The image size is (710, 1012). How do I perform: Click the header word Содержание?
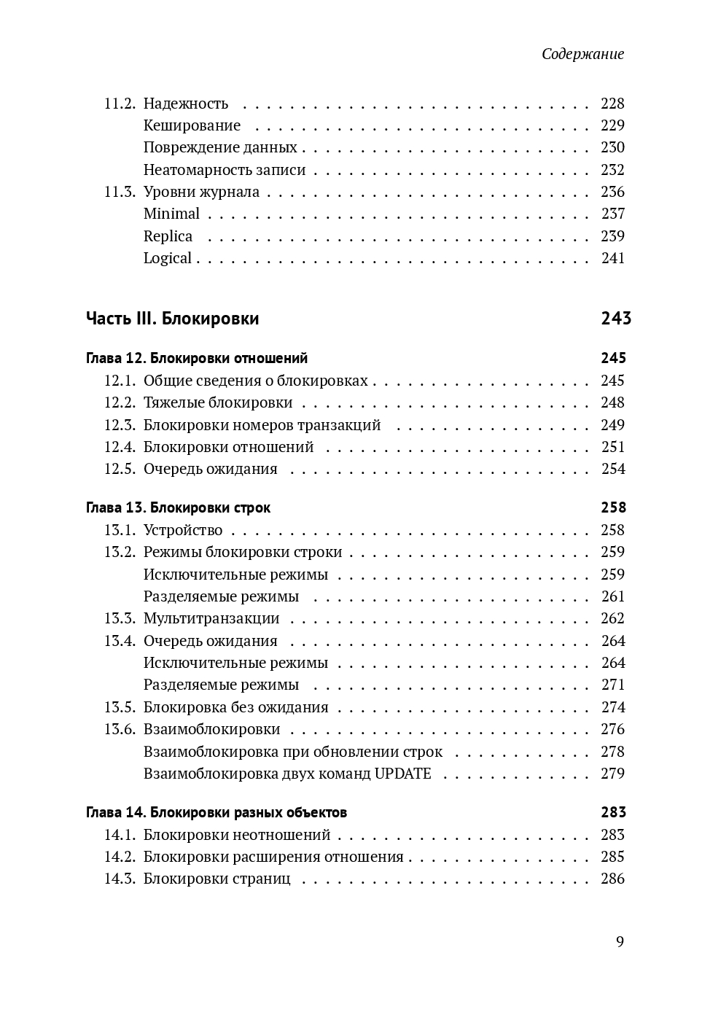pos(582,54)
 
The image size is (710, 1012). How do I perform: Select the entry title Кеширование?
pos(192,125)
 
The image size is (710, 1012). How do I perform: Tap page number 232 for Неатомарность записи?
pos(612,170)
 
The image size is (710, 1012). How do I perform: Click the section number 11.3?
pos(120,192)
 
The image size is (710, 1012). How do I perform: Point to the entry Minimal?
pos(171,214)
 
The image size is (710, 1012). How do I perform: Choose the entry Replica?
pos(168,236)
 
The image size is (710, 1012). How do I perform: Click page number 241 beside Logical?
pos(612,258)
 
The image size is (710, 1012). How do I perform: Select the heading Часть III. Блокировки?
pos(172,319)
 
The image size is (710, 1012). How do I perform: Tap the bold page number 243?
pos(616,319)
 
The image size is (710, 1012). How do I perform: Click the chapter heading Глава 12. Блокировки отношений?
pos(197,358)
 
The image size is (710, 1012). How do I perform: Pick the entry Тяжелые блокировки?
pos(218,402)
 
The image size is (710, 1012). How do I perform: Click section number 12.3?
pos(120,425)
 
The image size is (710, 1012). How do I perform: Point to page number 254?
pos(612,469)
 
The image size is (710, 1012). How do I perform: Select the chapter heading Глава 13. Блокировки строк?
pos(178,507)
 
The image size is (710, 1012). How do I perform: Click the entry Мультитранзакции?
pos(211,618)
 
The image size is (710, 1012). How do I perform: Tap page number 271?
pos(612,685)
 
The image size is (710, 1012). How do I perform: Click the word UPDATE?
pos(402,774)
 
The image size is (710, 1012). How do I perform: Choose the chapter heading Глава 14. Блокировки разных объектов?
pos(216,812)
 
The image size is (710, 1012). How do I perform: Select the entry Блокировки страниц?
pos(216,879)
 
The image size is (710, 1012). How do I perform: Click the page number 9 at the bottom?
pos(620,941)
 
